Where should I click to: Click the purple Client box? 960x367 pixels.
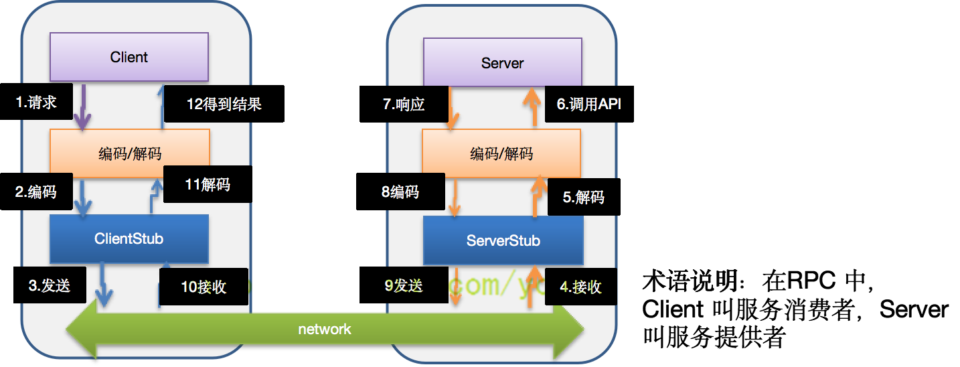(x=129, y=57)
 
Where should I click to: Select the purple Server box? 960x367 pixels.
(x=502, y=63)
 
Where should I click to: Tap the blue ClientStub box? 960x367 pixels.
(x=129, y=238)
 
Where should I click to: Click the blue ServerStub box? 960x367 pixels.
(x=503, y=240)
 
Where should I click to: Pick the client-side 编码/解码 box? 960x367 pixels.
(x=130, y=153)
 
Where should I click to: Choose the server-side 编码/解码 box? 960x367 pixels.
(x=501, y=153)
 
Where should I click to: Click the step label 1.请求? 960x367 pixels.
(x=36, y=102)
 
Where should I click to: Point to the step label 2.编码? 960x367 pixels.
(x=36, y=192)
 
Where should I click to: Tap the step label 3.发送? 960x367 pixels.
(x=49, y=285)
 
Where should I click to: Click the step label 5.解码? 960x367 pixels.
(x=583, y=198)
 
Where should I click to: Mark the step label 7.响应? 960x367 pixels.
(x=404, y=104)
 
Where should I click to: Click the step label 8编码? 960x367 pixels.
(x=400, y=192)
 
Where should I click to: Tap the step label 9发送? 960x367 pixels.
(x=404, y=286)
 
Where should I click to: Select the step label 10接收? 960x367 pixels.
(x=204, y=287)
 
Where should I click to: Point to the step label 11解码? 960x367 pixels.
(x=208, y=184)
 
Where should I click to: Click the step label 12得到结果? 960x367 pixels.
(x=224, y=104)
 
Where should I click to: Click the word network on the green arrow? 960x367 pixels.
(x=325, y=329)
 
